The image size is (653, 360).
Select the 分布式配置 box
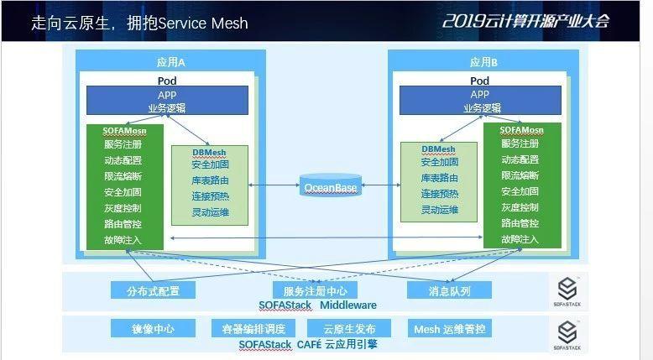click(x=154, y=290)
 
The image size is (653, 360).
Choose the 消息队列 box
click(x=449, y=290)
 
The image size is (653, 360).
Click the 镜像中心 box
click(x=153, y=328)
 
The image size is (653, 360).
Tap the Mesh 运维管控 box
click(x=450, y=328)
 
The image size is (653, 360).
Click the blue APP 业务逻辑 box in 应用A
click(x=167, y=101)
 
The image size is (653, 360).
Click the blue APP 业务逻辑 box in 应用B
click(x=479, y=101)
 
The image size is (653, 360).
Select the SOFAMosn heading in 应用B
click(x=521, y=131)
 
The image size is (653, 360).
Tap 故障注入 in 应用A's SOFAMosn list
click(x=123, y=240)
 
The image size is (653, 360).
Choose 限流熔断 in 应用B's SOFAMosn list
click(x=520, y=176)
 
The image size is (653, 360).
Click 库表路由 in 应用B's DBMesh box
click(x=440, y=178)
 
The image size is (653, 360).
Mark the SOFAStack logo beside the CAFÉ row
click(x=567, y=333)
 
